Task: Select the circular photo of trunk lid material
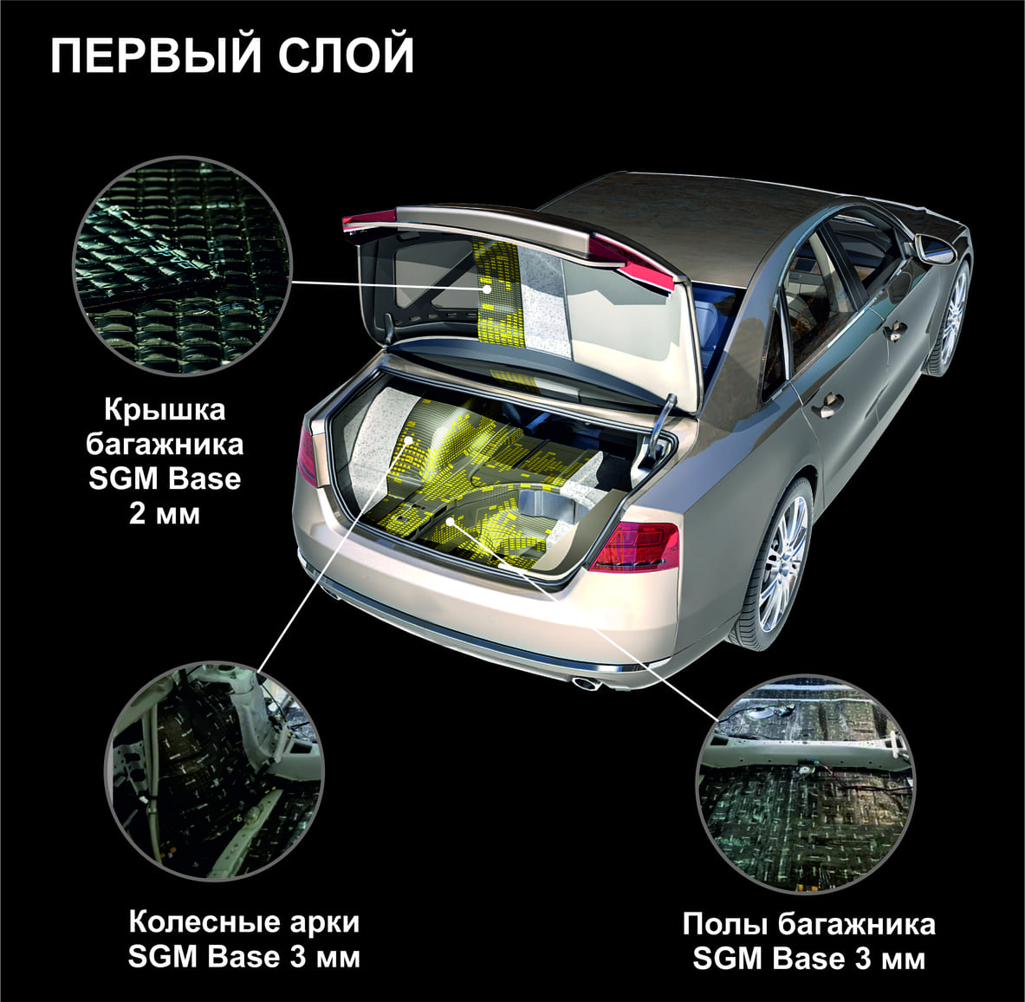181,265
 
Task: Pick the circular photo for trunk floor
806,784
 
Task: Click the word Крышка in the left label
165,410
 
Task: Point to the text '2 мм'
164,513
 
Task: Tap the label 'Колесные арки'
243,922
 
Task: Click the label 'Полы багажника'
808,924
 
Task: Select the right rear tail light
634,546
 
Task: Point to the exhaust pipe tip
587,684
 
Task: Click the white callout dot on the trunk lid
486,288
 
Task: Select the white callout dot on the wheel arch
409,440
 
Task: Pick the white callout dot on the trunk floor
451,521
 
